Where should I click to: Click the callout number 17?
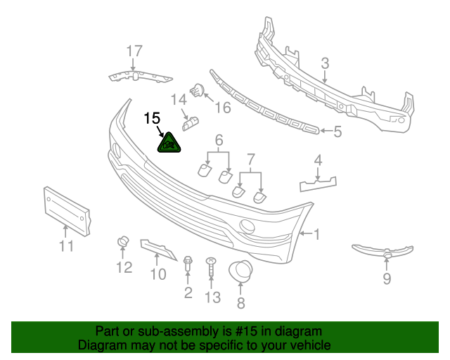(134, 51)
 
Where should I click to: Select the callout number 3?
(325, 64)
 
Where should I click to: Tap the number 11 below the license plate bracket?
(66, 246)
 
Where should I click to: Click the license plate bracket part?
(68, 210)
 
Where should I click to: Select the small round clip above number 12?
(122, 243)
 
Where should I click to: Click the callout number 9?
(387, 280)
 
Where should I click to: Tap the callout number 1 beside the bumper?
(316, 234)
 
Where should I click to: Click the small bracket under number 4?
(317, 185)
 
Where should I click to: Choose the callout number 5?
(337, 131)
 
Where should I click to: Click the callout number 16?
(222, 108)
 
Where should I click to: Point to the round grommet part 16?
(198, 90)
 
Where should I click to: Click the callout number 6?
(219, 140)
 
